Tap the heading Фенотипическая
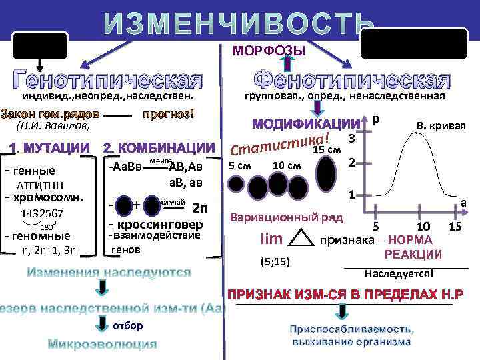click(353, 80)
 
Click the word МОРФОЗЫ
click(269, 51)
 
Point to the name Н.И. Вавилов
click(51, 126)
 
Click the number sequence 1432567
click(42, 213)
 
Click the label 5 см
click(240, 165)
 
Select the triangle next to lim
click(303, 239)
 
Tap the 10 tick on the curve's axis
click(423, 228)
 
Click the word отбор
click(127, 325)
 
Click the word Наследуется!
click(399, 274)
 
